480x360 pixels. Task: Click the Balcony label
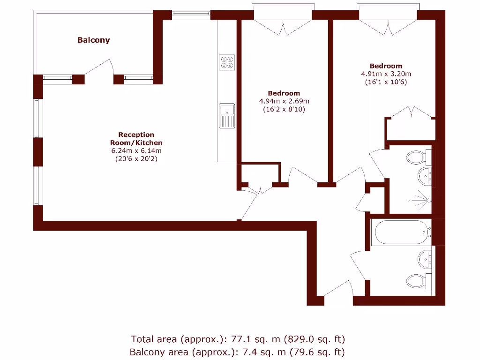click(x=93, y=40)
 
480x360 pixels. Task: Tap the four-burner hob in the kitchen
click(x=227, y=62)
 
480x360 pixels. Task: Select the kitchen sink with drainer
click(x=227, y=116)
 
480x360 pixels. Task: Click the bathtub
click(x=401, y=232)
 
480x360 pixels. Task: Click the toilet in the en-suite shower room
click(x=419, y=157)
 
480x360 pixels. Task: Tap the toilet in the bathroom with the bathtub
click(x=419, y=281)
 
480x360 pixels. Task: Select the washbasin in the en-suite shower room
click(x=425, y=176)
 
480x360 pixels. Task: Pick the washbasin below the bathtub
click(x=425, y=259)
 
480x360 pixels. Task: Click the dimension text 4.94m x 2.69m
click(x=284, y=101)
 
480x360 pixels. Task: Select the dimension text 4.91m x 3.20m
click(x=386, y=74)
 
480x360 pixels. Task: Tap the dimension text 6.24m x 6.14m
click(x=136, y=150)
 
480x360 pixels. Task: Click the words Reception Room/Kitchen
click(x=136, y=139)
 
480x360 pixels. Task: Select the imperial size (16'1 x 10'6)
click(x=386, y=82)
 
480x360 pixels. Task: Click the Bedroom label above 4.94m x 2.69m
click(x=284, y=93)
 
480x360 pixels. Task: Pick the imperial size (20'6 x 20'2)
click(x=136, y=159)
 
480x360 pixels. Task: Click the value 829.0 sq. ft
click(x=315, y=339)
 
